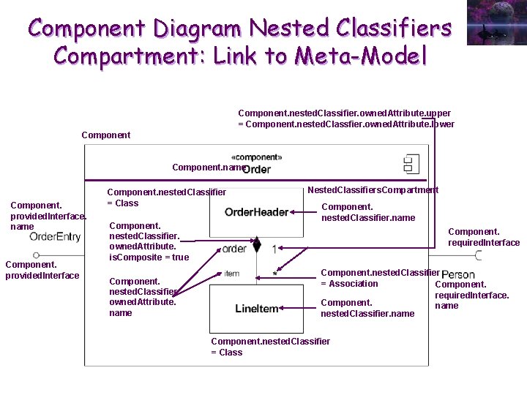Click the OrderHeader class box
click(256, 211)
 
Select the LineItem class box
click(256, 309)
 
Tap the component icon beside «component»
click(411, 162)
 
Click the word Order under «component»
click(257, 169)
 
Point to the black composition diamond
click(255, 244)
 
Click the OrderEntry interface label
click(55, 236)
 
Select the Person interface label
click(458, 275)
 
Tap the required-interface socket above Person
click(479, 255)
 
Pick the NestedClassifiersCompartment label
click(373, 190)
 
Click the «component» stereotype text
click(256, 157)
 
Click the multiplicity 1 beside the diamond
click(274, 249)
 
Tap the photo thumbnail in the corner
click(496, 23)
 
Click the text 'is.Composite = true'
click(149, 257)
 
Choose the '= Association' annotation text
click(349, 284)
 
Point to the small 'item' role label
click(232, 274)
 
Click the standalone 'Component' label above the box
click(106, 135)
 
